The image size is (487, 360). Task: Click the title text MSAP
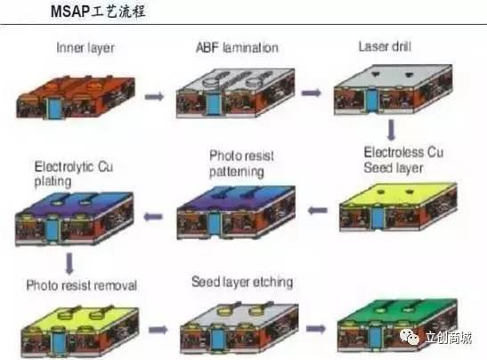click(x=70, y=12)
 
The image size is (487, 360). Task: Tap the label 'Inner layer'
click(x=85, y=48)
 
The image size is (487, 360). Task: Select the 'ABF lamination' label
click(x=238, y=47)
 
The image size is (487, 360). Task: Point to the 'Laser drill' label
click(x=386, y=46)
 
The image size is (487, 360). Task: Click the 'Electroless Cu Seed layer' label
click(x=403, y=160)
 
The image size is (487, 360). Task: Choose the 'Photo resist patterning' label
click(x=241, y=164)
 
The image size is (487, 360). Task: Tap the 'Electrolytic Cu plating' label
click(x=74, y=174)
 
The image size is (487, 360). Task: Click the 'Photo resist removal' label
click(x=81, y=285)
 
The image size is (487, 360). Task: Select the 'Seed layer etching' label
click(x=242, y=282)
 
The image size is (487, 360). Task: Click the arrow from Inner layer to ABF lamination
click(x=154, y=96)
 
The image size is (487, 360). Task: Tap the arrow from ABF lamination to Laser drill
click(x=312, y=93)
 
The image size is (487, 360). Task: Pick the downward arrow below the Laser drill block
click(x=392, y=129)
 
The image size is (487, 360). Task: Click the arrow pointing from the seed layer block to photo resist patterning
click(x=318, y=210)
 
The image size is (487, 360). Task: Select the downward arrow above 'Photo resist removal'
click(x=69, y=264)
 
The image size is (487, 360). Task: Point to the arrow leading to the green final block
click(x=316, y=329)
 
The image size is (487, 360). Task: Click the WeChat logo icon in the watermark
click(x=410, y=337)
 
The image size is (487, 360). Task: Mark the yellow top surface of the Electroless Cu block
click(x=398, y=194)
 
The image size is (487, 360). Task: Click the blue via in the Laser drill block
click(x=371, y=100)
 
